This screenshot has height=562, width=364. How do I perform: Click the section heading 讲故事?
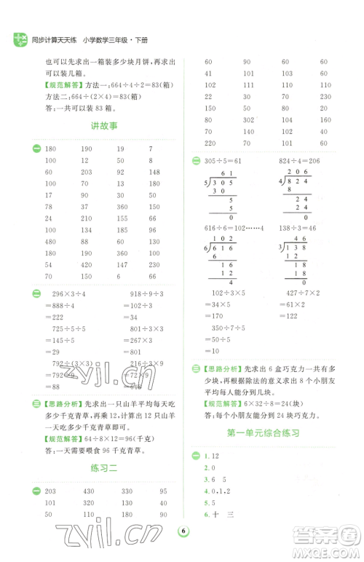[x=103, y=127]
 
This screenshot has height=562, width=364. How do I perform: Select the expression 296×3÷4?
[x=74, y=293]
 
